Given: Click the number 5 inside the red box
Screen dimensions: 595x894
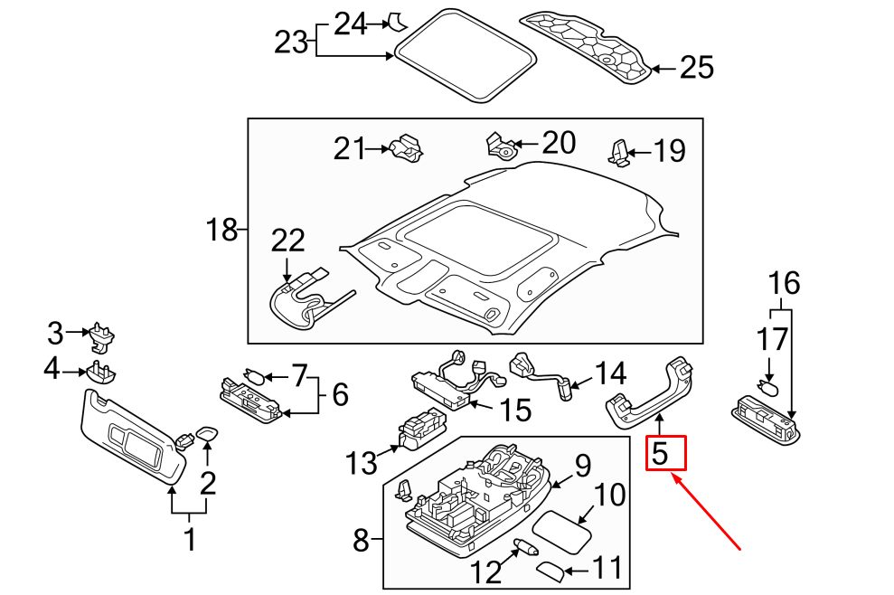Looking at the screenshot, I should (x=661, y=453).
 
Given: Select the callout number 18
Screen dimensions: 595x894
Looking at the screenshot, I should (x=221, y=231).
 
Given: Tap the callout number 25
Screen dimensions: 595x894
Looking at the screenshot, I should (x=696, y=68).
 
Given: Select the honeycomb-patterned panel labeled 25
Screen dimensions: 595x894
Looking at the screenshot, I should (x=588, y=45).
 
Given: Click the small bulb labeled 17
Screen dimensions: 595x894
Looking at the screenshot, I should (x=768, y=390).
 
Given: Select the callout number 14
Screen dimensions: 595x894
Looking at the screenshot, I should (x=609, y=373).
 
